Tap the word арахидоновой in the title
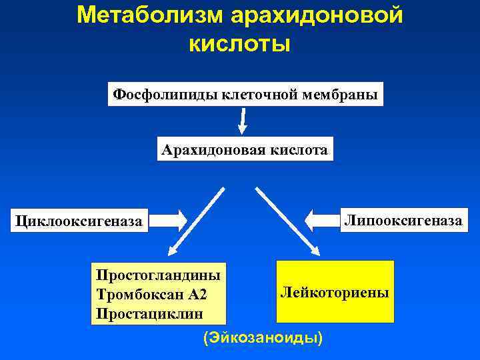pos(319,15)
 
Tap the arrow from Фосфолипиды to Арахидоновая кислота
pos(243,120)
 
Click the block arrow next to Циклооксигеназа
pos(173,219)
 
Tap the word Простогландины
pos(158,274)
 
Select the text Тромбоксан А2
pos(147,294)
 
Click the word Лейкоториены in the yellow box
pos(335,292)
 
